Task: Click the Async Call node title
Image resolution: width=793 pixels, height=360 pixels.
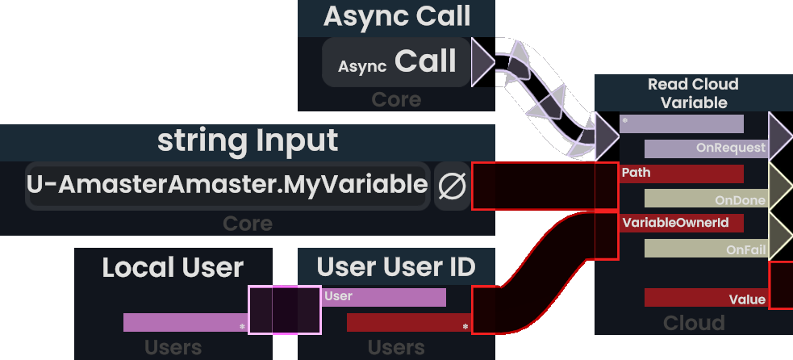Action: click(x=397, y=16)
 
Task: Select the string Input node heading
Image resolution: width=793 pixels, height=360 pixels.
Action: click(x=248, y=141)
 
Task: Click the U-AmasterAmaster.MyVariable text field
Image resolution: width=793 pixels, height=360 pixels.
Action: click(x=227, y=185)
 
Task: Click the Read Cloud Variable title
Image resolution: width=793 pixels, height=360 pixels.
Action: click(x=693, y=93)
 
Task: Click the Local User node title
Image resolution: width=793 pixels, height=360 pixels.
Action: click(x=173, y=267)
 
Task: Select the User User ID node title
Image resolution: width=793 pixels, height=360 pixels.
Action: click(x=396, y=266)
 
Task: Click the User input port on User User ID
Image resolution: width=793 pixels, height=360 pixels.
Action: click(x=384, y=297)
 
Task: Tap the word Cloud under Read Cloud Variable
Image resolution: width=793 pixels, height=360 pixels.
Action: click(x=694, y=323)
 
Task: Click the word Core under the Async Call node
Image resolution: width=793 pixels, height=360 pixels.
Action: click(x=396, y=99)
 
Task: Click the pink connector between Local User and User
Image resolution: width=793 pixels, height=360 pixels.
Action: click(x=285, y=310)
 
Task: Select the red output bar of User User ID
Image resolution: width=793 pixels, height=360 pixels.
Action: click(x=408, y=323)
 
